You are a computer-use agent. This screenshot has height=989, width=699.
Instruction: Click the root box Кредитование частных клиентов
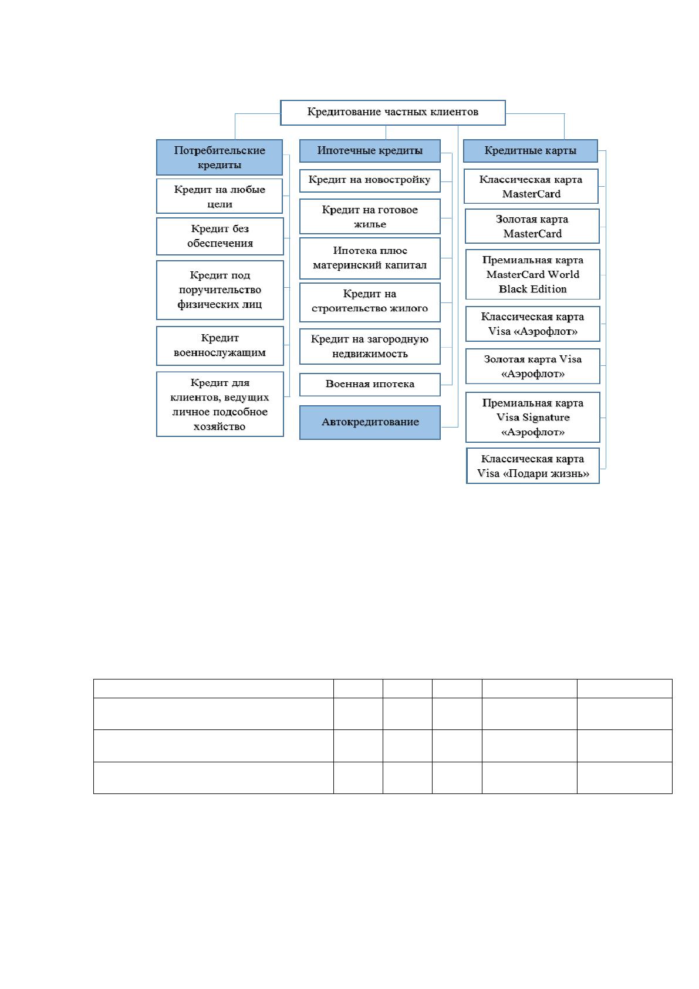[392, 113]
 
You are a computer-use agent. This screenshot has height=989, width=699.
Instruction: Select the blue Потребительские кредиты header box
[220, 157]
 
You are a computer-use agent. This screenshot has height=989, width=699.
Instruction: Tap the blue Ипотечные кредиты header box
[370, 150]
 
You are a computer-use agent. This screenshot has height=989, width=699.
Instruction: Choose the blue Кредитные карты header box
[530, 150]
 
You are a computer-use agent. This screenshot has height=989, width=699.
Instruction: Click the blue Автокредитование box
[370, 422]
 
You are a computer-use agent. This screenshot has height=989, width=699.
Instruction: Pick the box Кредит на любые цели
[220, 196]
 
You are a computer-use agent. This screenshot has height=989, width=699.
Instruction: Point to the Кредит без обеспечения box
[220, 236]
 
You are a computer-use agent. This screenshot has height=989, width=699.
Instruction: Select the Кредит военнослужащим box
[220, 345]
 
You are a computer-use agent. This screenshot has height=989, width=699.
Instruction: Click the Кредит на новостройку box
[370, 180]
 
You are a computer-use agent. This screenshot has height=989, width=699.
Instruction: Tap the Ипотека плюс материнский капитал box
[370, 258]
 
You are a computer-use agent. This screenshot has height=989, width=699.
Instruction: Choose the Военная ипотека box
[370, 384]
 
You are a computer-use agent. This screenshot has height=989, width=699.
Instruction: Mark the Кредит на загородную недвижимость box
[370, 346]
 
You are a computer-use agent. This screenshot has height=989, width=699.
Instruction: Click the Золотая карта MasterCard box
[532, 226]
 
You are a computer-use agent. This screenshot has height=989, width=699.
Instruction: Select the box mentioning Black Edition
[532, 274]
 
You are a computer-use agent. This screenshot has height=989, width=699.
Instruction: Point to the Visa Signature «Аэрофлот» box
[532, 417]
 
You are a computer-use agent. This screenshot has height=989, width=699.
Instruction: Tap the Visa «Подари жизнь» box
[532, 466]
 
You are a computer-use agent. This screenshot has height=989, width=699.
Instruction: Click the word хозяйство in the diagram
[220, 426]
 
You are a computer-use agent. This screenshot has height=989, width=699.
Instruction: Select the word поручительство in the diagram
[220, 290]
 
